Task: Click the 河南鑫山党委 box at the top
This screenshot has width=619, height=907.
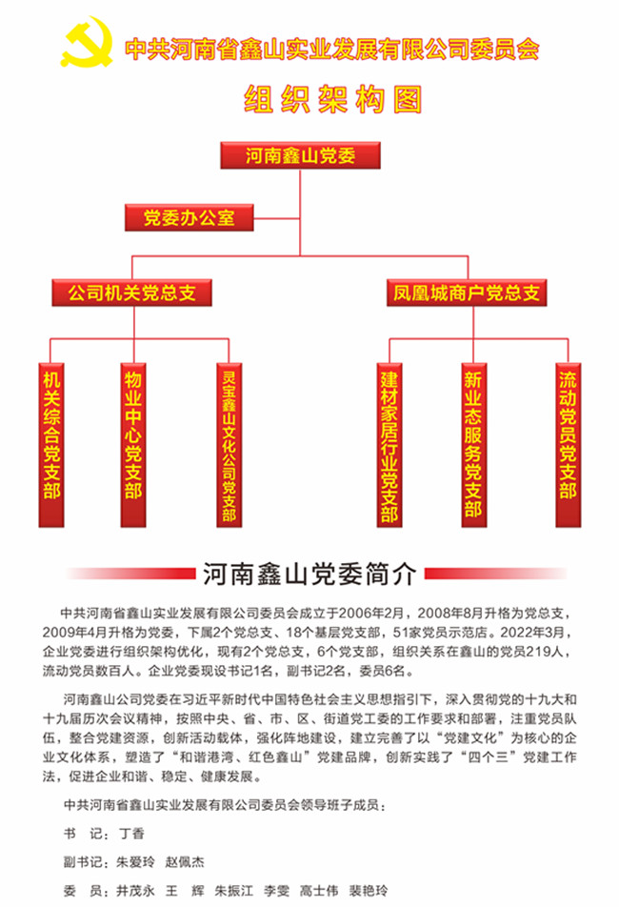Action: (x=300, y=155)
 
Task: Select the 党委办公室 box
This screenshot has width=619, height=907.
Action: (x=189, y=217)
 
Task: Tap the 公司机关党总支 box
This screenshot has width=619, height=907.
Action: (x=131, y=292)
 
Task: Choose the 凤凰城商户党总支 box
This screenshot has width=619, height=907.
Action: (x=467, y=292)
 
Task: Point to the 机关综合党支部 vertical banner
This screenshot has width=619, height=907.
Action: (x=51, y=445)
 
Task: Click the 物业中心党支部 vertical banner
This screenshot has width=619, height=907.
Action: (x=133, y=445)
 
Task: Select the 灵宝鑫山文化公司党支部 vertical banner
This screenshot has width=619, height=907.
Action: (x=229, y=445)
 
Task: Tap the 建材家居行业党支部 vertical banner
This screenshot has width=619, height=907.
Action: (x=389, y=445)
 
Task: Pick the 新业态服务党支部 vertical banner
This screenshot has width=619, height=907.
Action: (x=473, y=445)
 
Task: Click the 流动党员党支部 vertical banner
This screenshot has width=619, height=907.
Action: (x=569, y=445)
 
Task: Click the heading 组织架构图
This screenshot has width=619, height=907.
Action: (x=333, y=99)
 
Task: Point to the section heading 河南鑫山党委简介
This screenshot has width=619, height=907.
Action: (x=309, y=574)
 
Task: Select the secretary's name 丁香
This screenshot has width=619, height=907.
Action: (x=131, y=834)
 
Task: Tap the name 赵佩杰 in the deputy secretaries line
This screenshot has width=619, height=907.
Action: (x=185, y=862)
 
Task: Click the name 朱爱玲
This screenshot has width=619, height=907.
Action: (x=136, y=862)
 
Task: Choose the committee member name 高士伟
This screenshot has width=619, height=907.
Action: (x=319, y=890)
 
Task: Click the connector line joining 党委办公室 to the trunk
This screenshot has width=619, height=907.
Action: (x=277, y=219)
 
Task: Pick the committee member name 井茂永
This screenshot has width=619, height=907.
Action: (x=136, y=890)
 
